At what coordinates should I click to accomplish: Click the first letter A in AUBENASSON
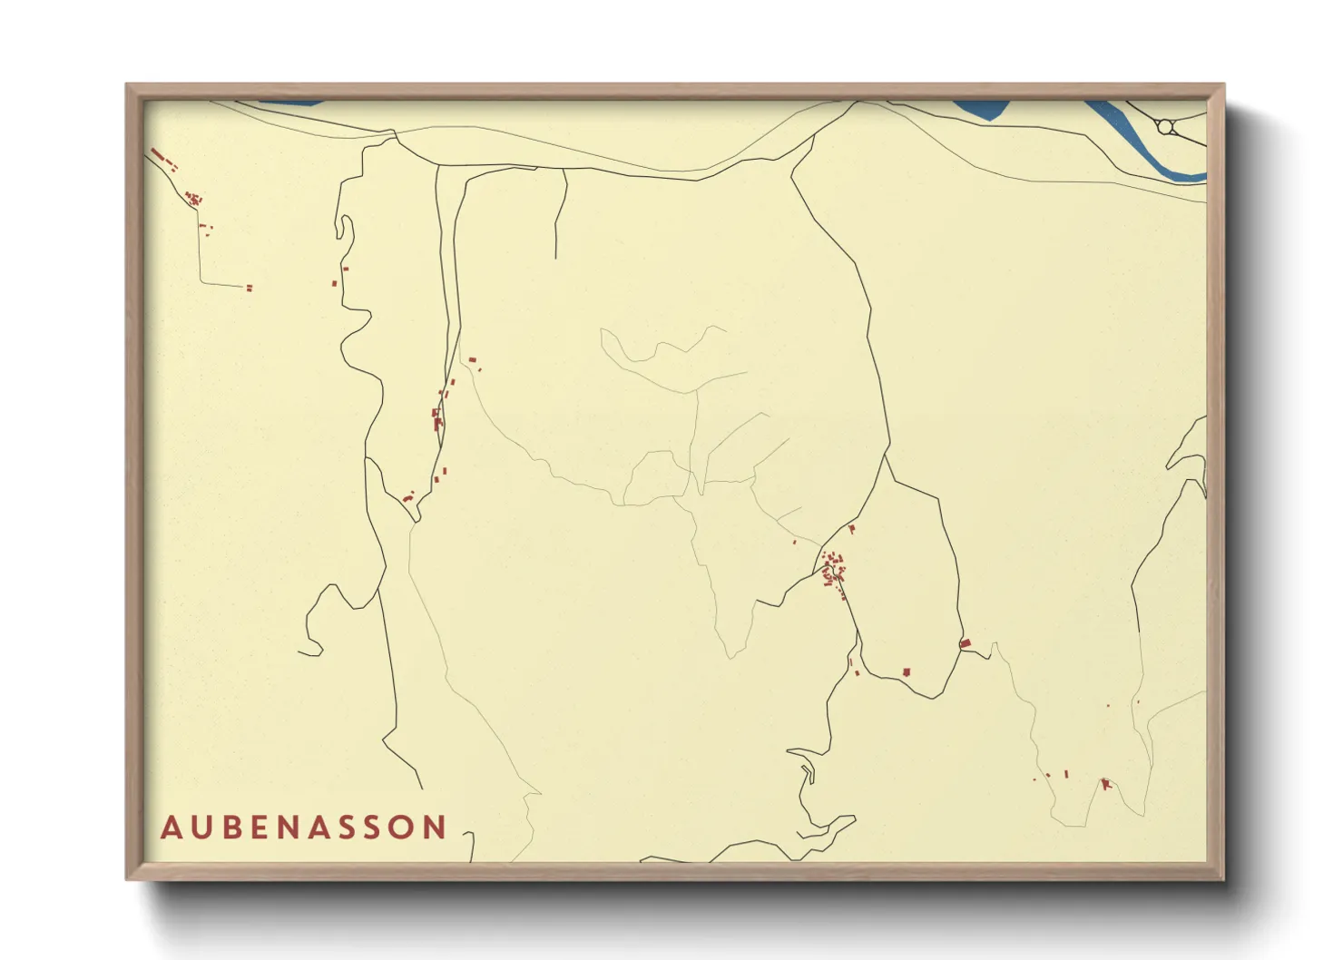(170, 828)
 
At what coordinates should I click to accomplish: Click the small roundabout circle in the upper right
(1166, 127)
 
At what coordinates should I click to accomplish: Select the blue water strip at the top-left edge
(290, 103)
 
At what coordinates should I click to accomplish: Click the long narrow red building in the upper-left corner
(157, 154)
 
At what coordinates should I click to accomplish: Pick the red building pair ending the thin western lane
(249, 289)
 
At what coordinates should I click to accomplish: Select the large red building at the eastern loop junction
(966, 644)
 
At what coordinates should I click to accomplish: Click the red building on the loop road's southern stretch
(906, 672)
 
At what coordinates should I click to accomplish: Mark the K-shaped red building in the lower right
(1105, 784)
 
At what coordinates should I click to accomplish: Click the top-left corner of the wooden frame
(127, 85)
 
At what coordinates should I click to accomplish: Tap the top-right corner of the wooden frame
(1223, 85)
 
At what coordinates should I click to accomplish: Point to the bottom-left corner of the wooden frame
(127, 878)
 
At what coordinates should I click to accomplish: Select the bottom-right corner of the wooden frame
(1223, 878)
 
